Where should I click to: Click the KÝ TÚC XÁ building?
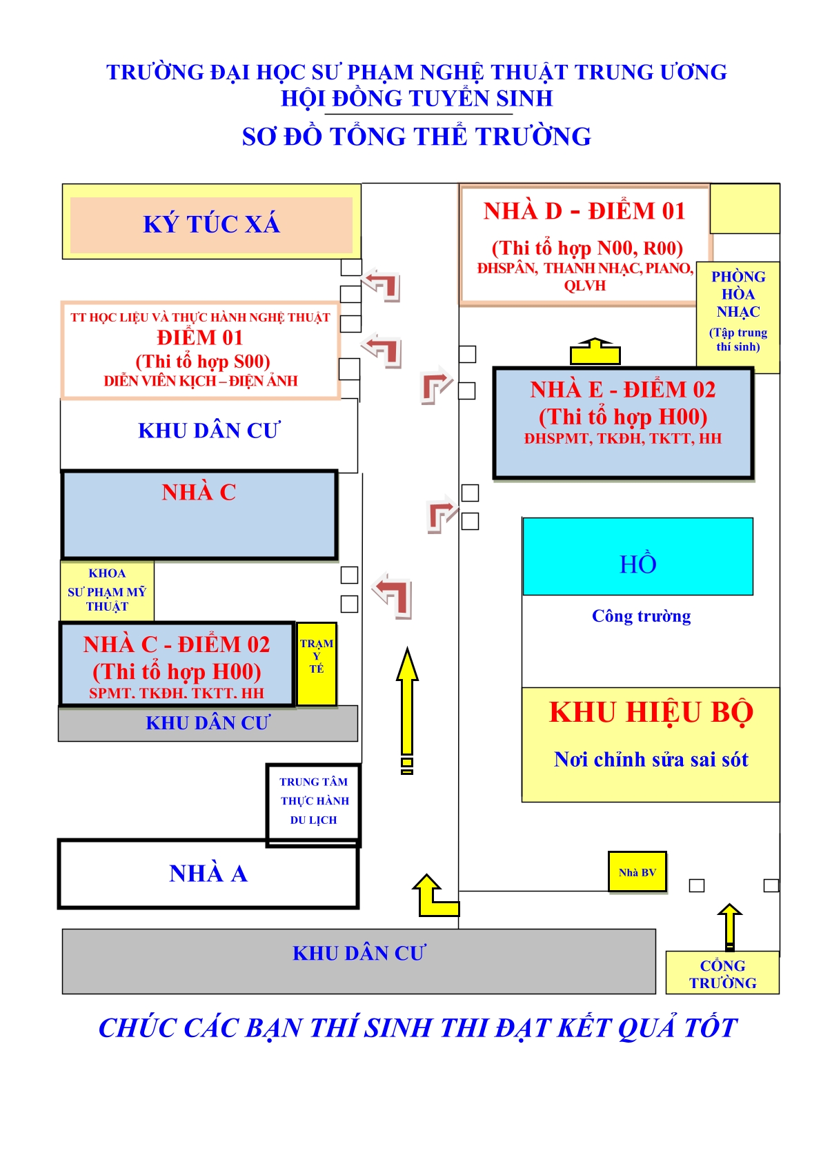211,224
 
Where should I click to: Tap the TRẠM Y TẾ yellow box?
317,663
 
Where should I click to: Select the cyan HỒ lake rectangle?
637,556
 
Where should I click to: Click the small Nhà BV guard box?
637,872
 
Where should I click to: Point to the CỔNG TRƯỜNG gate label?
722,974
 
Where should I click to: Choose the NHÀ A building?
208,874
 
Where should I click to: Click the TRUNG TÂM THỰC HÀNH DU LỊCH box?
314,802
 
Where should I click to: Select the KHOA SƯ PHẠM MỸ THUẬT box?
107,590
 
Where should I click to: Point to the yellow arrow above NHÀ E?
595,351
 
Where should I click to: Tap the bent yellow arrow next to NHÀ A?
434,896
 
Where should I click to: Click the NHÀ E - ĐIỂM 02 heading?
622,390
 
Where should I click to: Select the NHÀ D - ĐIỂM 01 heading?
584,211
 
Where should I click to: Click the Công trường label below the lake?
641,616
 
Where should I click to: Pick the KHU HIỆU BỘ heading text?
651,713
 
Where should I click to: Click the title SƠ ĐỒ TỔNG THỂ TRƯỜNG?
417,137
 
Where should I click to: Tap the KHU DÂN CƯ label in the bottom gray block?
359,953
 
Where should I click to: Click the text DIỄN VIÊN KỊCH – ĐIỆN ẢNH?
201,381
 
